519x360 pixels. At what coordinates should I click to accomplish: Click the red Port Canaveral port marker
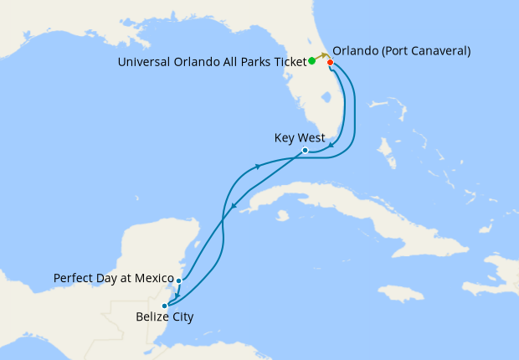(x=331, y=63)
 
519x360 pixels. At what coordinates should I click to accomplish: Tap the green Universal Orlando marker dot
(x=311, y=61)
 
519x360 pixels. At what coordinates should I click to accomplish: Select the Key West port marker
(x=305, y=151)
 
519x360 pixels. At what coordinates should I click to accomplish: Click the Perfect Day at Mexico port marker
(x=179, y=280)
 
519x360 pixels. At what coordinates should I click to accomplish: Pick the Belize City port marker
(x=164, y=306)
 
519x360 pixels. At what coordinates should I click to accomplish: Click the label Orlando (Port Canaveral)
(x=403, y=51)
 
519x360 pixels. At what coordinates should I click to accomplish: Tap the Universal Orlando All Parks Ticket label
(x=212, y=61)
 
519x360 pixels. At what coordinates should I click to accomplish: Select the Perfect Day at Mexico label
(x=112, y=277)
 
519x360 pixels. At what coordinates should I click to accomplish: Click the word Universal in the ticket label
(x=144, y=61)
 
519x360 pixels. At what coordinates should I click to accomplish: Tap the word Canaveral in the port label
(x=436, y=51)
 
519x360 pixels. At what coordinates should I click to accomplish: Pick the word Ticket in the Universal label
(x=289, y=61)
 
